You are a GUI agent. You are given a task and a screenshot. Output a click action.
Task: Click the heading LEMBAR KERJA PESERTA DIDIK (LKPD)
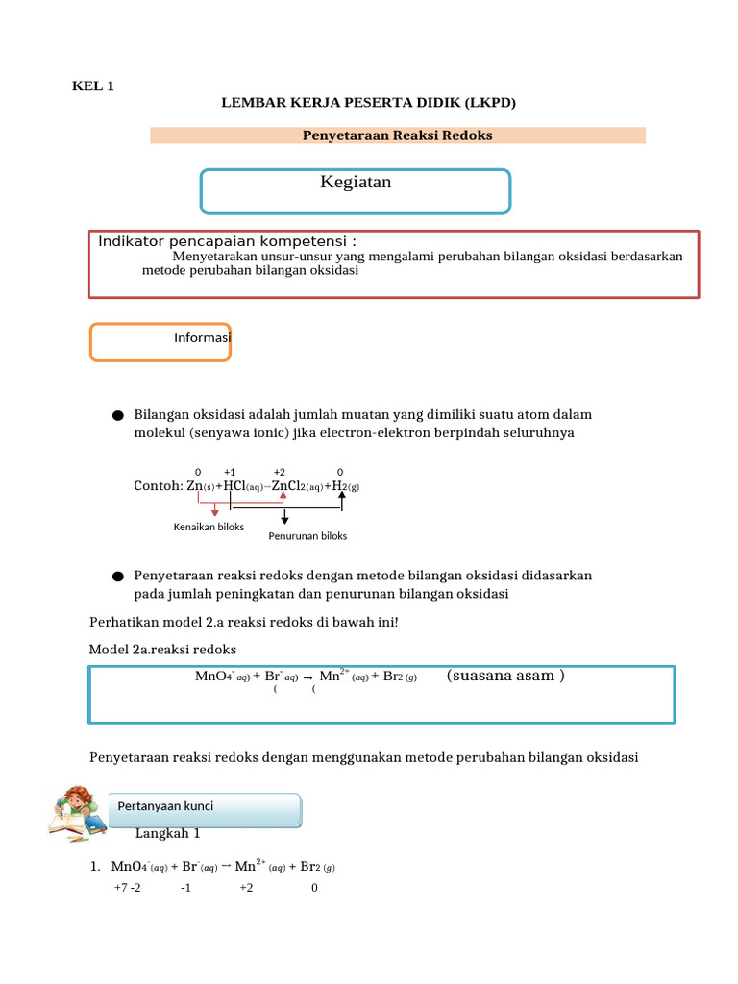(369, 103)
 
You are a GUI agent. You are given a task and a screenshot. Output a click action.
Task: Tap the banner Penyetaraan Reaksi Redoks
(397, 135)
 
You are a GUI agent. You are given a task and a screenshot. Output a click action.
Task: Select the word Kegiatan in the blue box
(356, 183)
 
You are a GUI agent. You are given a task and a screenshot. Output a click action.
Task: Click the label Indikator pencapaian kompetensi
(227, 240)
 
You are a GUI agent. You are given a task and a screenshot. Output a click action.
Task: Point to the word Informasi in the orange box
(203, 338)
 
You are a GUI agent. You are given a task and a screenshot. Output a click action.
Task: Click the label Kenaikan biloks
(209, 527)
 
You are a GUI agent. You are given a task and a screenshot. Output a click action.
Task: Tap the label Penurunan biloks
(307, 536)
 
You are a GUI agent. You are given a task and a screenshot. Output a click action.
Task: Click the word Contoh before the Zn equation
(157, 486)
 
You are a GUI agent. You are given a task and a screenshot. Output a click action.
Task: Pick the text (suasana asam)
(505, 676)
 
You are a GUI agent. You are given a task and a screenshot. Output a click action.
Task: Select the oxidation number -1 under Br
(185, 888)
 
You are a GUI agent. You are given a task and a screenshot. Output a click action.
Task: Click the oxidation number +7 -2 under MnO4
(127, 888)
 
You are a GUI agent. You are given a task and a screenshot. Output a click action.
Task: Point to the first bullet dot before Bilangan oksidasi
(117, 416)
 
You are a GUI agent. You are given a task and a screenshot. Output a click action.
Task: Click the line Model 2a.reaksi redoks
(162, 650)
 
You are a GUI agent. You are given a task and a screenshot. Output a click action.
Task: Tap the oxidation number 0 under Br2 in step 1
(314, 888)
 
